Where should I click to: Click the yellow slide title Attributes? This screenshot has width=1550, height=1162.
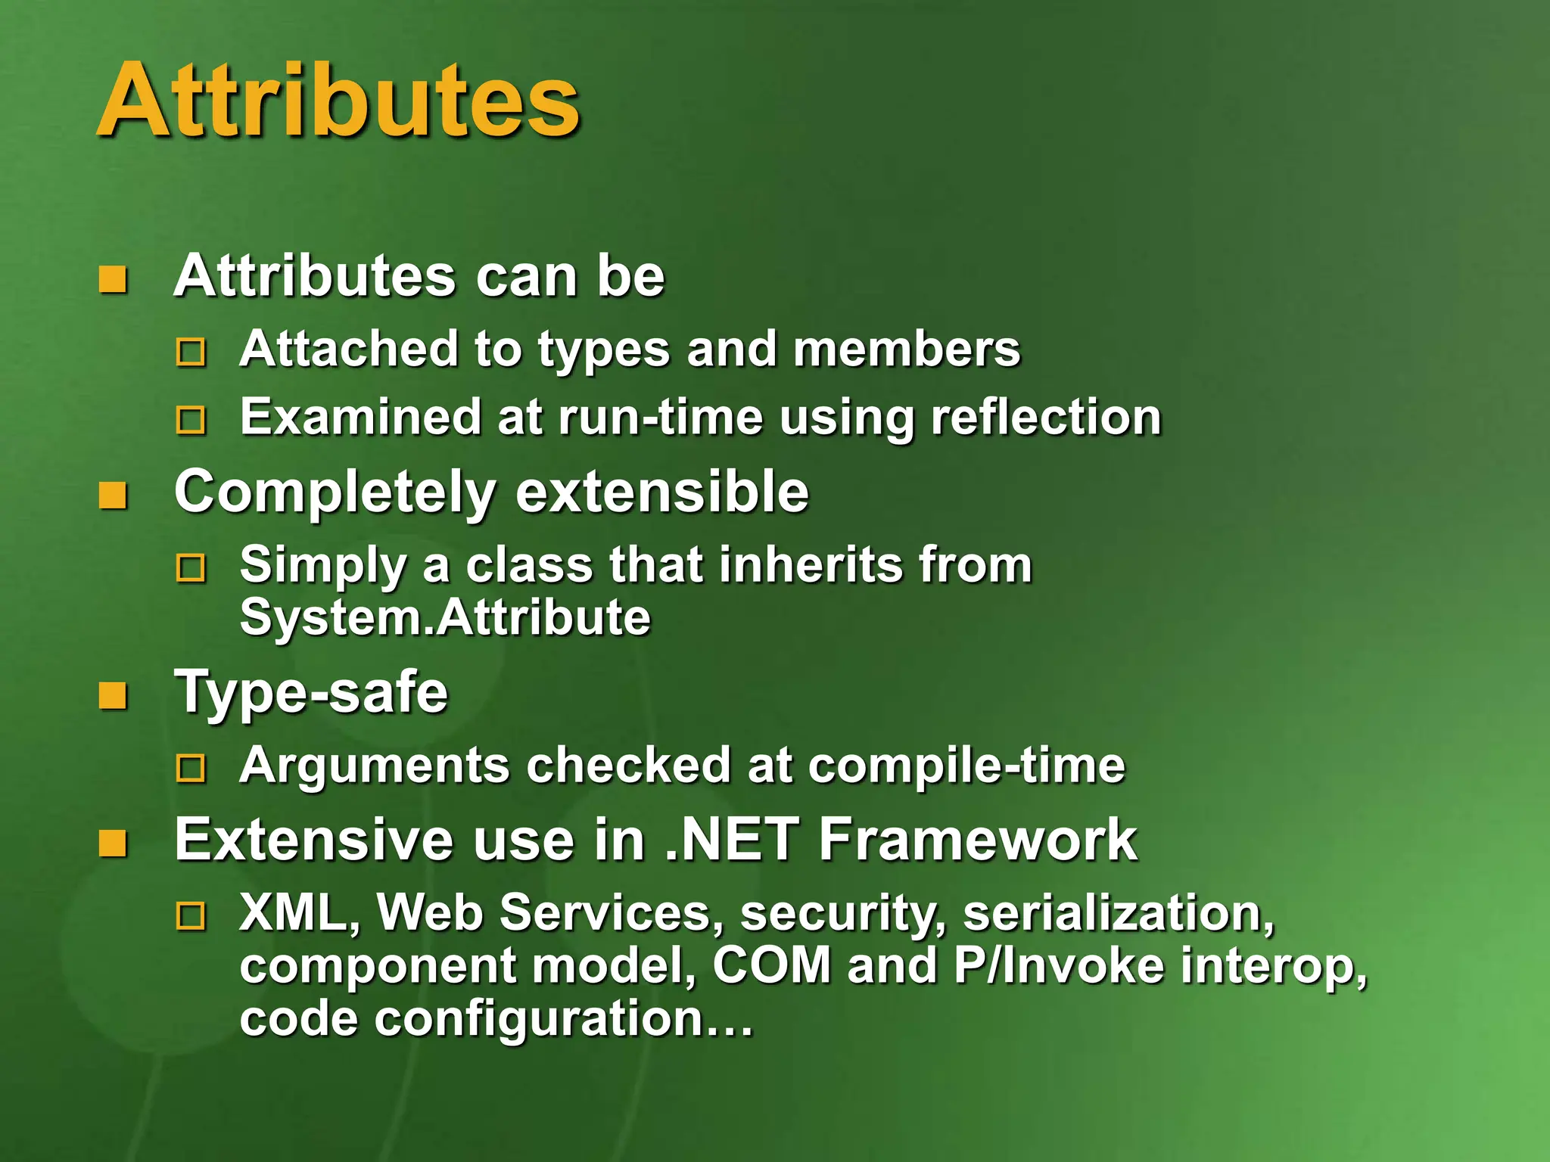click(x=338, y=101)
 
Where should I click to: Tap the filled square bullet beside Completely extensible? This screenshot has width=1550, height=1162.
click(x=114, y=496)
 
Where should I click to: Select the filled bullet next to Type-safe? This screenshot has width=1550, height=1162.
click(x=114, y=696)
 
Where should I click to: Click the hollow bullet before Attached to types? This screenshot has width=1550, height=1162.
click(x=191, y=353)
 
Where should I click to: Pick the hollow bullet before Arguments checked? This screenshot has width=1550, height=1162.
click(x=191, y=769)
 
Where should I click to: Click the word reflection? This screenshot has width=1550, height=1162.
click(x=1046, y=417)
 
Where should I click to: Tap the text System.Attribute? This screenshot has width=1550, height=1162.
click(x=445, y=617)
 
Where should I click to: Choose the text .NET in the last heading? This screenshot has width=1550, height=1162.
click(x=731, y=840)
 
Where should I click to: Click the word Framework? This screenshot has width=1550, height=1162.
click(x=978, y=840)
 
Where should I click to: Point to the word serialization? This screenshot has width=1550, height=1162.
click(x=1119, y=914)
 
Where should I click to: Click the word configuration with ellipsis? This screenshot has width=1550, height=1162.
click(x=564, y=1019)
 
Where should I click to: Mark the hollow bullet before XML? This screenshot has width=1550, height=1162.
click(x=191, y=916)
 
